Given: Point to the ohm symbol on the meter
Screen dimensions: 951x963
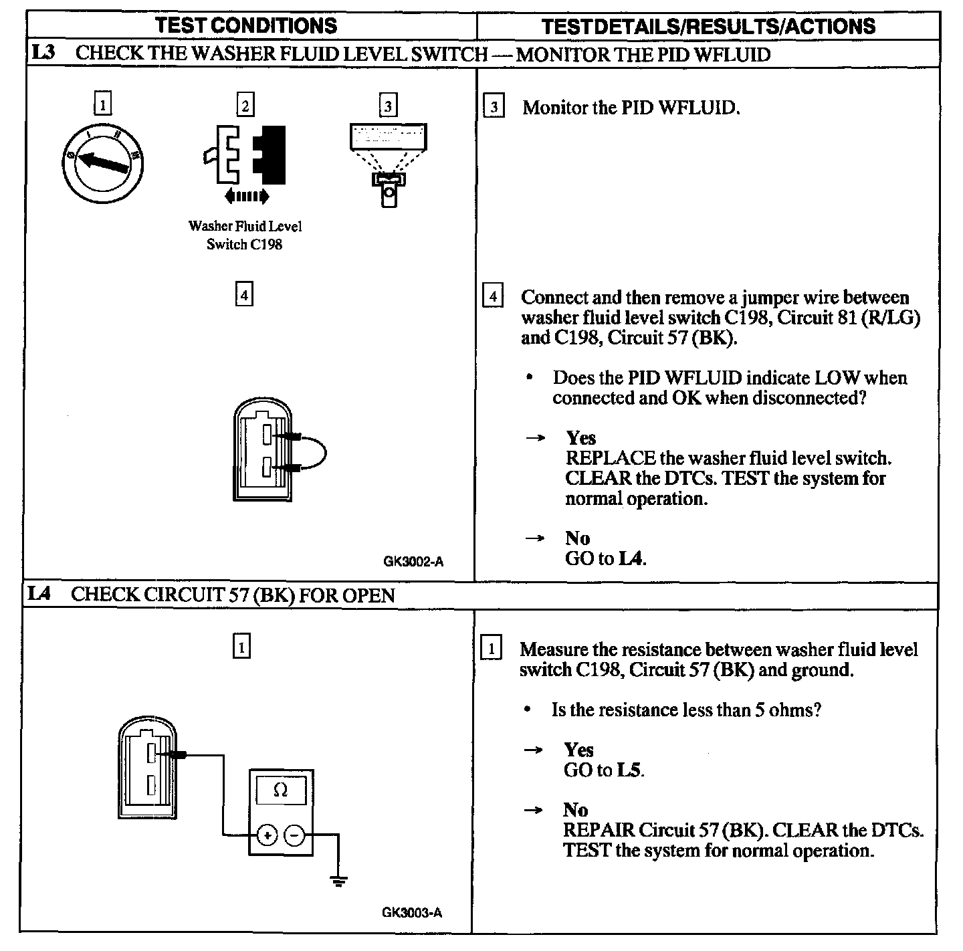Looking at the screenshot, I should [281, 790].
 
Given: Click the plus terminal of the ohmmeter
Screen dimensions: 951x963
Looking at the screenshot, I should [266, 835].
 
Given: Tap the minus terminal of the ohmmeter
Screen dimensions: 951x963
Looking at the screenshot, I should [295, 835].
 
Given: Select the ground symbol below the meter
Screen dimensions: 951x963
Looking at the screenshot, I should [340, 880].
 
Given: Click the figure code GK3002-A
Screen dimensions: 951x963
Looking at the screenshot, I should [413, 562].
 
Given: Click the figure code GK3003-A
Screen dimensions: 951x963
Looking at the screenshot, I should [412, 912].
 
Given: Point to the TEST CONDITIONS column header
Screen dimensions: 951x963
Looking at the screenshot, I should [246, 25].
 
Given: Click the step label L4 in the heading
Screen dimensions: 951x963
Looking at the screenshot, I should [41, 594].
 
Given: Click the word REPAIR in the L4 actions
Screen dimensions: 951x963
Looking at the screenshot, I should [598, 830].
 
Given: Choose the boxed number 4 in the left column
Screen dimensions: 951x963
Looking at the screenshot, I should [245, 294].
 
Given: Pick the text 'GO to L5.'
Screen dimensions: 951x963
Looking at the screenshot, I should [604, 770].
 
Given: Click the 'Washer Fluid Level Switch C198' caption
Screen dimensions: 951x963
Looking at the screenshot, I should [245, 235].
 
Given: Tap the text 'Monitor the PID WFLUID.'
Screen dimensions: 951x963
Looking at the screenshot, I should [631, 107].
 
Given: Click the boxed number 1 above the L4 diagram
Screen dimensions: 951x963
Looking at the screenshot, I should [241, 647].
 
